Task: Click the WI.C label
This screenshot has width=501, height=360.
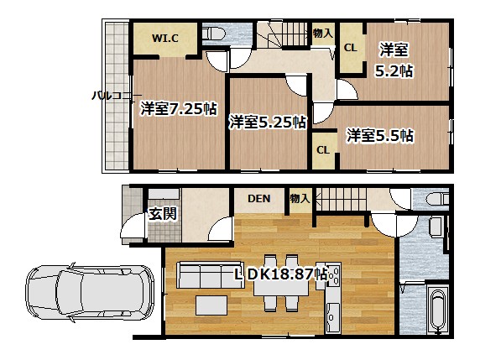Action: point(164,39)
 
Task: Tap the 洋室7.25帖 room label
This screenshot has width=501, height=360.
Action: point(179,108)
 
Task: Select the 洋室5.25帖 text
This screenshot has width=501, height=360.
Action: point(268,122)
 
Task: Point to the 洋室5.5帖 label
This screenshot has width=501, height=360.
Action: point(380,135)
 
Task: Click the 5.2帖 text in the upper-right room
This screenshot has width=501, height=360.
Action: point(394,71)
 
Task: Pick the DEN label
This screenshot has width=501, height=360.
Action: point(259,199)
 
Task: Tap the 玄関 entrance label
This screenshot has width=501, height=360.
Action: point(163,213)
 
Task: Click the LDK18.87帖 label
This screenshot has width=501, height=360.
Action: point(281,274)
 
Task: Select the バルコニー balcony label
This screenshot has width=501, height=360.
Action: point(117,96)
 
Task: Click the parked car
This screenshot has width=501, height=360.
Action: point(90,293)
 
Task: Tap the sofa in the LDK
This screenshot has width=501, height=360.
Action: point(211,275)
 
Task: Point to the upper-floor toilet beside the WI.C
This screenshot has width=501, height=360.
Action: point(214,34)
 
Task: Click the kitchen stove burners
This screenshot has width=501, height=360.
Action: point(335,275)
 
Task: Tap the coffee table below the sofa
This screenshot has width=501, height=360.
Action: point(211,305)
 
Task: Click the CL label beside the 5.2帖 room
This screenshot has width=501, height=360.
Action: point(350,48)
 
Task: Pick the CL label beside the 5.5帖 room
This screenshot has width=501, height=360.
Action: point(323,150)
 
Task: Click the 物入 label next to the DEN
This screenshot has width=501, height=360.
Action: point(300,199)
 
